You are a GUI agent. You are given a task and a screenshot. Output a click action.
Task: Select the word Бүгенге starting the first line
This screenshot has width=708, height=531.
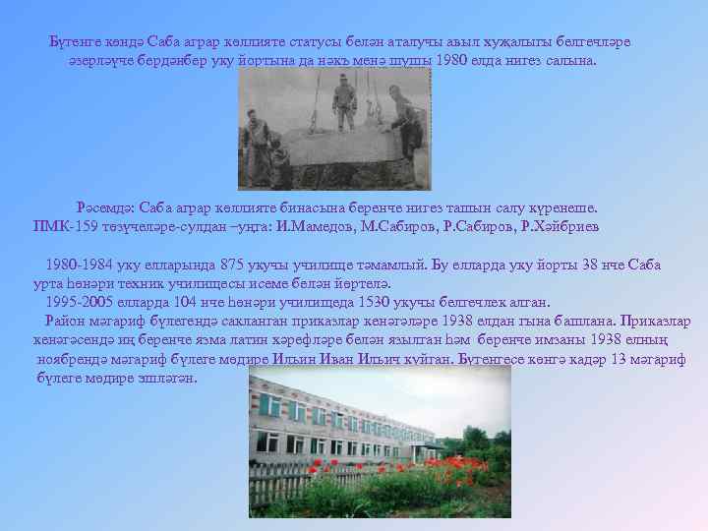click(78, 42)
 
